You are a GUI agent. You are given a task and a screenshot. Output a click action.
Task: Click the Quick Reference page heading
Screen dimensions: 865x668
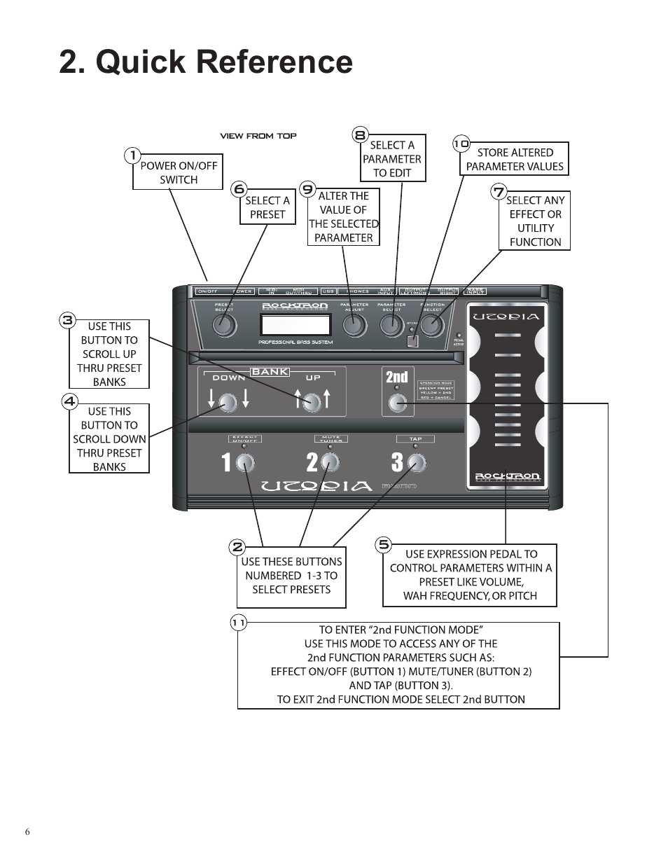tap(206, 62)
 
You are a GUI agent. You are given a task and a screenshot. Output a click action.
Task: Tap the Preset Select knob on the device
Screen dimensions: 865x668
tap(224, 325)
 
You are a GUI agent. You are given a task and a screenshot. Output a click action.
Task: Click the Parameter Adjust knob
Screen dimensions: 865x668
tap(355, 325)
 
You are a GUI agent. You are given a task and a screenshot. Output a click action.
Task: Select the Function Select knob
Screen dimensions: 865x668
tap(433, 325)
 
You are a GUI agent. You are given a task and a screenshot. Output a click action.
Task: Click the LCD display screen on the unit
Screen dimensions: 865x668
tap(295, 325)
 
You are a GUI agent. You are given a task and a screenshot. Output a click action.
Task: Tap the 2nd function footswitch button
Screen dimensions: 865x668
tap(398, 403)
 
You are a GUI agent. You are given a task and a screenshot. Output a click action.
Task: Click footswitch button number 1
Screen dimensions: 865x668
tap(244, 462)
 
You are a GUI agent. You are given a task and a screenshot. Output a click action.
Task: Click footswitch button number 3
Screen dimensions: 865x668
tap(417, 462)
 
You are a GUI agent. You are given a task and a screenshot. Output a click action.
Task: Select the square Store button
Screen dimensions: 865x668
tap(412, 341)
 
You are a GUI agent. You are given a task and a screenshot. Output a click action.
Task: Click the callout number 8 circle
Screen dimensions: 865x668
tap(360, 135)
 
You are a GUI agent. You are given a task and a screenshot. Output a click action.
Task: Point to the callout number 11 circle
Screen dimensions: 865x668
tap(239, 623)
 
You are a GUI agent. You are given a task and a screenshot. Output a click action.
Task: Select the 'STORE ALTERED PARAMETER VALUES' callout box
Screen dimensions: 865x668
tap(515, 160)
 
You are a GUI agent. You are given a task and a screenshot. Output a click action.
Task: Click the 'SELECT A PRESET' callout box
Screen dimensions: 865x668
tap(267, 207)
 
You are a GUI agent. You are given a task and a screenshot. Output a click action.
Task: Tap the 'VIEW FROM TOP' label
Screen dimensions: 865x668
tap(258, 136)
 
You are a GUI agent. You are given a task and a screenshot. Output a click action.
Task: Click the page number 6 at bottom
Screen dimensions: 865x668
tap(27, 832)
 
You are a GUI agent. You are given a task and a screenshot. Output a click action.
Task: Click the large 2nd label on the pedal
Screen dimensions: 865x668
tap(396, 378)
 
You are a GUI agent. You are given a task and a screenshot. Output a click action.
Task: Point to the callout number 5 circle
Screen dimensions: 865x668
tap(383, 544)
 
